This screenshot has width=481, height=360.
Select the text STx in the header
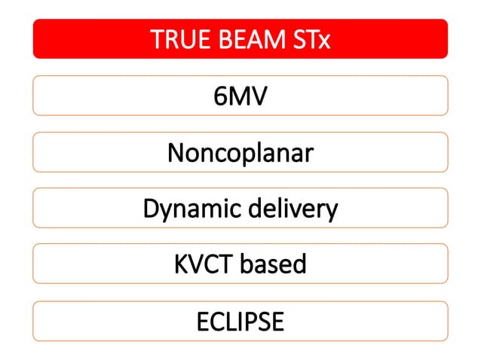[x=309, y=39]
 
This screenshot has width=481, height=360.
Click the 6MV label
[x=240, y=96]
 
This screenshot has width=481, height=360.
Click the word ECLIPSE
[x=240, y=321]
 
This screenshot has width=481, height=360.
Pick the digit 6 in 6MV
[x=221, y=96]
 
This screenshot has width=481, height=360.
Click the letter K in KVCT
[x=180, y=264]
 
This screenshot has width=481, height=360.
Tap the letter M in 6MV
[x=239, y=96]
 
